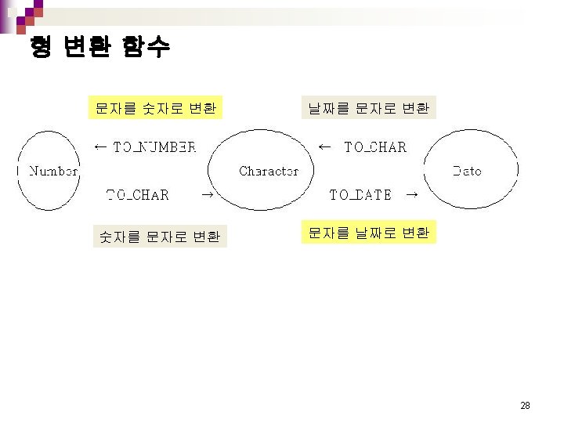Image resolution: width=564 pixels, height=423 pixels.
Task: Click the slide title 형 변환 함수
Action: point(99,48)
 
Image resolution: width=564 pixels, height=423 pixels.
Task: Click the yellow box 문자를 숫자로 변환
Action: point(156,108)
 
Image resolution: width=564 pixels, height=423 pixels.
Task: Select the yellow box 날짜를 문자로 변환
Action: point(368,108)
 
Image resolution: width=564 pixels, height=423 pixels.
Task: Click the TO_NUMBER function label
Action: point(155,146)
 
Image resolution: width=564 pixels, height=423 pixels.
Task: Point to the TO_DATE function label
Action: point(360,194)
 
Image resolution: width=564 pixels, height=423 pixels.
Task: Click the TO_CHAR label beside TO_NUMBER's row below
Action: point(137,194)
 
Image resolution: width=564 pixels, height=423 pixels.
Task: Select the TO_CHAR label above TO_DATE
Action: point(375,146)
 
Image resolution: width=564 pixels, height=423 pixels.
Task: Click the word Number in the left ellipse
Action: point(53,171)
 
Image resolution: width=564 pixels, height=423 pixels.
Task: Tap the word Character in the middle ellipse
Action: point(269,171)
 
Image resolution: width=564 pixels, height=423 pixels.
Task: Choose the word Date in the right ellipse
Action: point(467,171)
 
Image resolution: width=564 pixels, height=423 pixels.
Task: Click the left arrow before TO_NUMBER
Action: point(100,146)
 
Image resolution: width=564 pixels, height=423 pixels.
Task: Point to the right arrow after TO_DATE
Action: point(410,194)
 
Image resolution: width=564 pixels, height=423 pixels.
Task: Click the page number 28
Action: point(525,406)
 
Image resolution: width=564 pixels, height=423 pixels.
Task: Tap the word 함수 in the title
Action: point(146,48)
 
